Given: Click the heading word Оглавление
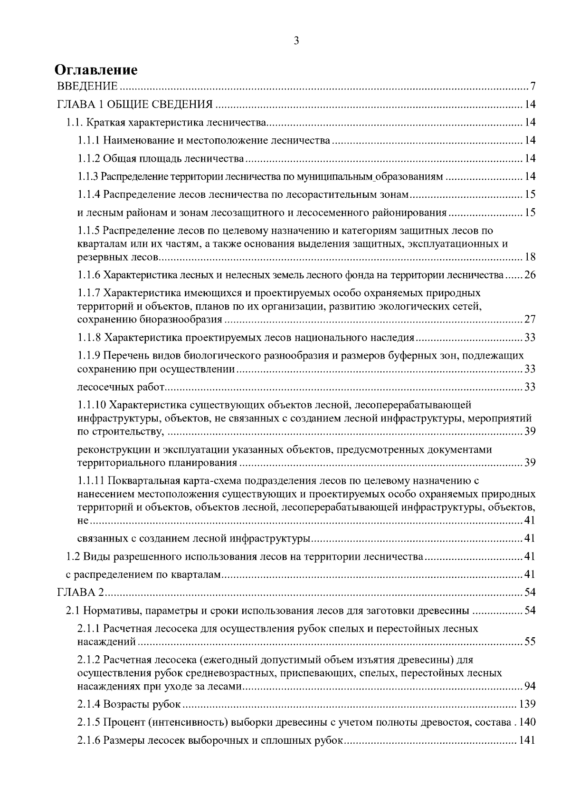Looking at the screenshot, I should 96,70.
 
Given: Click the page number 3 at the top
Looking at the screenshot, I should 296,41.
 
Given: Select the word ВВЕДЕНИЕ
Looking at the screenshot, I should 87,87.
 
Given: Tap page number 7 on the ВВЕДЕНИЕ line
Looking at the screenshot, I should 533,87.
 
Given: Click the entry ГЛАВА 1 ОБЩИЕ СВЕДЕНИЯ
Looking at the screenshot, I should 134,105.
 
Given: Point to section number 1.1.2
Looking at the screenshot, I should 89,158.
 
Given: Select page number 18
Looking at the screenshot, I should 530,258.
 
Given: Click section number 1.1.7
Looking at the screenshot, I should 89,293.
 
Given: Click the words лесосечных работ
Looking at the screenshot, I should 121,387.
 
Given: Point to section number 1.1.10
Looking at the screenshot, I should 92,405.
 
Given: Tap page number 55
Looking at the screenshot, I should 530,642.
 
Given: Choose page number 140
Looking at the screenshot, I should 527,722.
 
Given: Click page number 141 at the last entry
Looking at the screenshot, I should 527,740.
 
